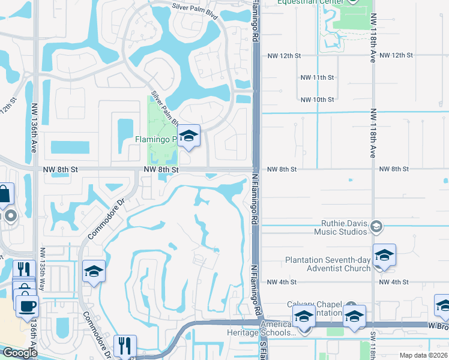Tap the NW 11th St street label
[318, 77]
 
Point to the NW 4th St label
[282, 282]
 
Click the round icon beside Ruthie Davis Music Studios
[376, 226]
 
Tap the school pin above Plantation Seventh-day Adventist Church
[384, 255]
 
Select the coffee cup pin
[27, 307]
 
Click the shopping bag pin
[4, 194]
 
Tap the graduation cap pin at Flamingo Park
[188, 136]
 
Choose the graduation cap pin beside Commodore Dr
[94, 271]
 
